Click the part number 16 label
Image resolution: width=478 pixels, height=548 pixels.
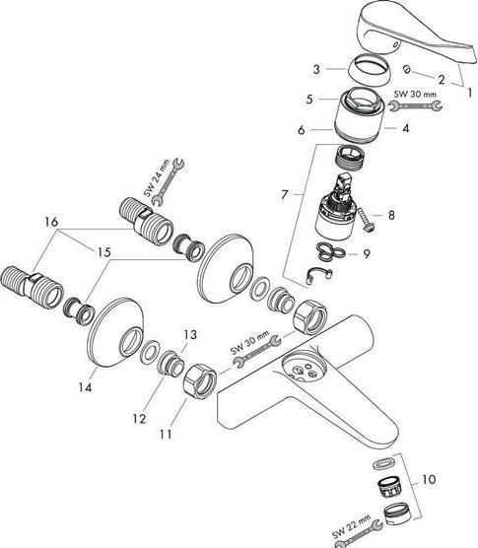click(51, 222)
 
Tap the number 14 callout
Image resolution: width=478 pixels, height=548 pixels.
click(85, 387)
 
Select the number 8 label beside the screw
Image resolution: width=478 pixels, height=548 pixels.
click(391, 215)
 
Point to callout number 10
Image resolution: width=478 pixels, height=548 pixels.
click(429, 479)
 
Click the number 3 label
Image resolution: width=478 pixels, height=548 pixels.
click(316, 69)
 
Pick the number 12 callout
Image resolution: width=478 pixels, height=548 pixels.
click(139, 418)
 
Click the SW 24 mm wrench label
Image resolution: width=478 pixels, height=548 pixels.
click(157, 177)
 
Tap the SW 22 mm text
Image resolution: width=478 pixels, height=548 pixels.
click(351, 526)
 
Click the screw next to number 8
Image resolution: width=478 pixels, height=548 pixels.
click(366, 220)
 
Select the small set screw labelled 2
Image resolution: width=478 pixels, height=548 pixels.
click(407, 69)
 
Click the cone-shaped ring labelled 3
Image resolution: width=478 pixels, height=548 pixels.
click(370, 69)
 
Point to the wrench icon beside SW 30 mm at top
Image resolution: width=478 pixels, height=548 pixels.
click(416, 105)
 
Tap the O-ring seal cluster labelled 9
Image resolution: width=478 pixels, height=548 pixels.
click(330, 252)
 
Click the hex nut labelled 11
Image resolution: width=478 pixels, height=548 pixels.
click(200, 381)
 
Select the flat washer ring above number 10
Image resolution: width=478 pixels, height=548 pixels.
click(385, 464)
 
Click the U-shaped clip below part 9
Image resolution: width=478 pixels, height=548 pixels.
click(319, 276)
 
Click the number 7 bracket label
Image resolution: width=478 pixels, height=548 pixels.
click(285, 195)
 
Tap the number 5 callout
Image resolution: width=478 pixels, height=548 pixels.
click(309, 99)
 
